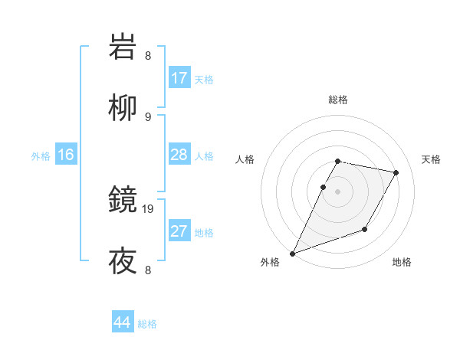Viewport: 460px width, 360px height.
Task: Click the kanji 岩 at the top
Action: pos(123,47)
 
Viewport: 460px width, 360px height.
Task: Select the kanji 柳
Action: pos(123,108)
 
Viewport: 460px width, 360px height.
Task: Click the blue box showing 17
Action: pos(179,78)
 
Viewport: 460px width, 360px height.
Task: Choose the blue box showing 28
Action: pos(179,155)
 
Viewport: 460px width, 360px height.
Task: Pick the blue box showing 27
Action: pos(179,231)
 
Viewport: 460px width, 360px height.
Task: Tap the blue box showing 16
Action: pos(66,155)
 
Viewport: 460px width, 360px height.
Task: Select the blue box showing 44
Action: pos(122,322)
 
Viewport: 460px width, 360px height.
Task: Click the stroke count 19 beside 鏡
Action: pos(149,208)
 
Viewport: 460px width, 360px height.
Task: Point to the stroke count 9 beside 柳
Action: pos(148,116)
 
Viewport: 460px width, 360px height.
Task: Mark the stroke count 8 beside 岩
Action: pos(148,55)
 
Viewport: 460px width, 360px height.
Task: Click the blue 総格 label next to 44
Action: pos(147,324)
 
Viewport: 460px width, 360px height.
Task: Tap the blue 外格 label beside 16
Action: pos(41,155)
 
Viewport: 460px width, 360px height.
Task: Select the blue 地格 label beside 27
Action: pos(204,232)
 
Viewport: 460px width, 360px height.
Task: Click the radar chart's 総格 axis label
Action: pos(337,100)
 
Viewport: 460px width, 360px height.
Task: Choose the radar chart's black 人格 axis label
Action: pos(245,159)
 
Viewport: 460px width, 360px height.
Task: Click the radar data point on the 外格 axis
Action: pos(292,253)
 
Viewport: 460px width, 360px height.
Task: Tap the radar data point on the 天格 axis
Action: pos(396,172)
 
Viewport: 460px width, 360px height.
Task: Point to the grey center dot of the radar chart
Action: pos(337,191)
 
